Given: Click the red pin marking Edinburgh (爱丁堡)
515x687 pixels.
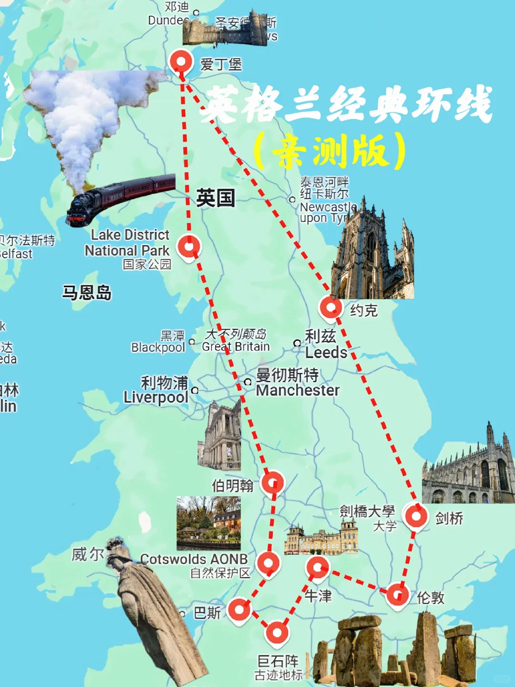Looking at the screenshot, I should tap(181, 62).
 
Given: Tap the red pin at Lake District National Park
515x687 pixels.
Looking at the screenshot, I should tap(189, 247).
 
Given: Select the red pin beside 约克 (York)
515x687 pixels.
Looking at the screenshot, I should tap(330, 307).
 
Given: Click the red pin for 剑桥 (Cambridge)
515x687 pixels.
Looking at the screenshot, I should tap(416, 516).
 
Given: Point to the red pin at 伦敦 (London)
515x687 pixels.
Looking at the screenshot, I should tap(398, 594).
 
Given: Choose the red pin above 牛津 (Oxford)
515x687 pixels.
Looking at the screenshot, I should tap(318, 567).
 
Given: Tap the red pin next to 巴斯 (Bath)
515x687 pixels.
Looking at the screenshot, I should tap(239, 610).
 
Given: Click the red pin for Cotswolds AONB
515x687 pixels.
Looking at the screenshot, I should tap(268, 563).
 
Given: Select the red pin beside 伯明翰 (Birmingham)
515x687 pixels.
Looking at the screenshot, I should tap(273, 482).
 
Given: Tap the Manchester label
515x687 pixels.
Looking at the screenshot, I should tap(298, 390).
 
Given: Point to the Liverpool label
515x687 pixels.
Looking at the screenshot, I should tap(156, 397).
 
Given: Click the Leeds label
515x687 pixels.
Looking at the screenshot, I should tap(326, 353).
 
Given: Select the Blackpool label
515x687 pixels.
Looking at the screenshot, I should tap(158, 347).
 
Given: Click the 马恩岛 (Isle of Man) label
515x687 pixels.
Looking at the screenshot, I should tap(87, 292).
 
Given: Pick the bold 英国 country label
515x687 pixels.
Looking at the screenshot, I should tap(216, 198).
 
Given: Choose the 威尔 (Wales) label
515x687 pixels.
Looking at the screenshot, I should tap(87, 554).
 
